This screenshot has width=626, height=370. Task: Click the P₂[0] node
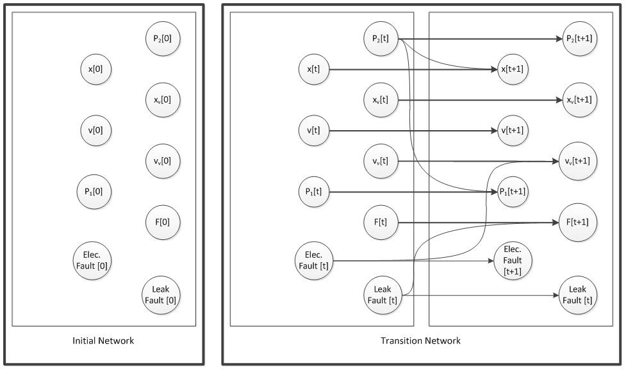(163, 38)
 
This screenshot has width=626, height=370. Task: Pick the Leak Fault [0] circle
(161, 295)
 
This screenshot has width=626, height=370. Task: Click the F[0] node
(163, 222)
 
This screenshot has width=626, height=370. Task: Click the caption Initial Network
(103, 341)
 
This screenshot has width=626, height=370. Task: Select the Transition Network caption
(420, 341)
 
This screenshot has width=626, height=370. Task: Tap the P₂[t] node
(381, 38)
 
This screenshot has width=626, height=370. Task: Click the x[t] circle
(314, 69)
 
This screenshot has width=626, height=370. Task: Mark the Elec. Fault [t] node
(314, 260)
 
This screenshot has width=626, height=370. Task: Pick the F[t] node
(381, 222)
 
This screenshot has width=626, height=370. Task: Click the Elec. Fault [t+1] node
(513, 260)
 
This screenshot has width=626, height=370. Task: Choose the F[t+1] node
(578, 222)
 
